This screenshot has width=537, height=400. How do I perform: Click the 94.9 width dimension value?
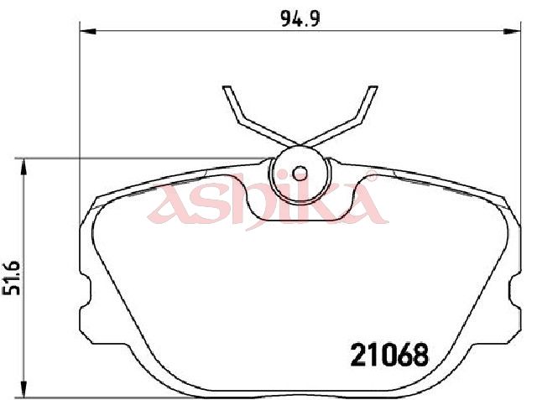click(x=300, y=18)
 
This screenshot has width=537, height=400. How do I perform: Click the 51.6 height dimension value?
click(x=11, y=278)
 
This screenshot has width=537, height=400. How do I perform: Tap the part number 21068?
click(x=389, y=355)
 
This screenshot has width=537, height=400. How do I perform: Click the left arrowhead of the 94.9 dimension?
click(x=87, y=32)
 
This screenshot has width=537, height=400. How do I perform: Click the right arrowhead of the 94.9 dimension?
click(x=513, y=32)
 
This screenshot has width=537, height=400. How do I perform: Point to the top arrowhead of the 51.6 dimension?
click(x=23, y=167)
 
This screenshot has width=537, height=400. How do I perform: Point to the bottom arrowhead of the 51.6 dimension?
click(x=23, y=389)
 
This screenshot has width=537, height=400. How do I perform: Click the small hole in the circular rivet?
click(x=300, y=174)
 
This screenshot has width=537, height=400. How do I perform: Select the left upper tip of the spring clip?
click(x=227, y=88)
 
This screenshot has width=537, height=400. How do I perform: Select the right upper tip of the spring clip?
click(x=373, y=88)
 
